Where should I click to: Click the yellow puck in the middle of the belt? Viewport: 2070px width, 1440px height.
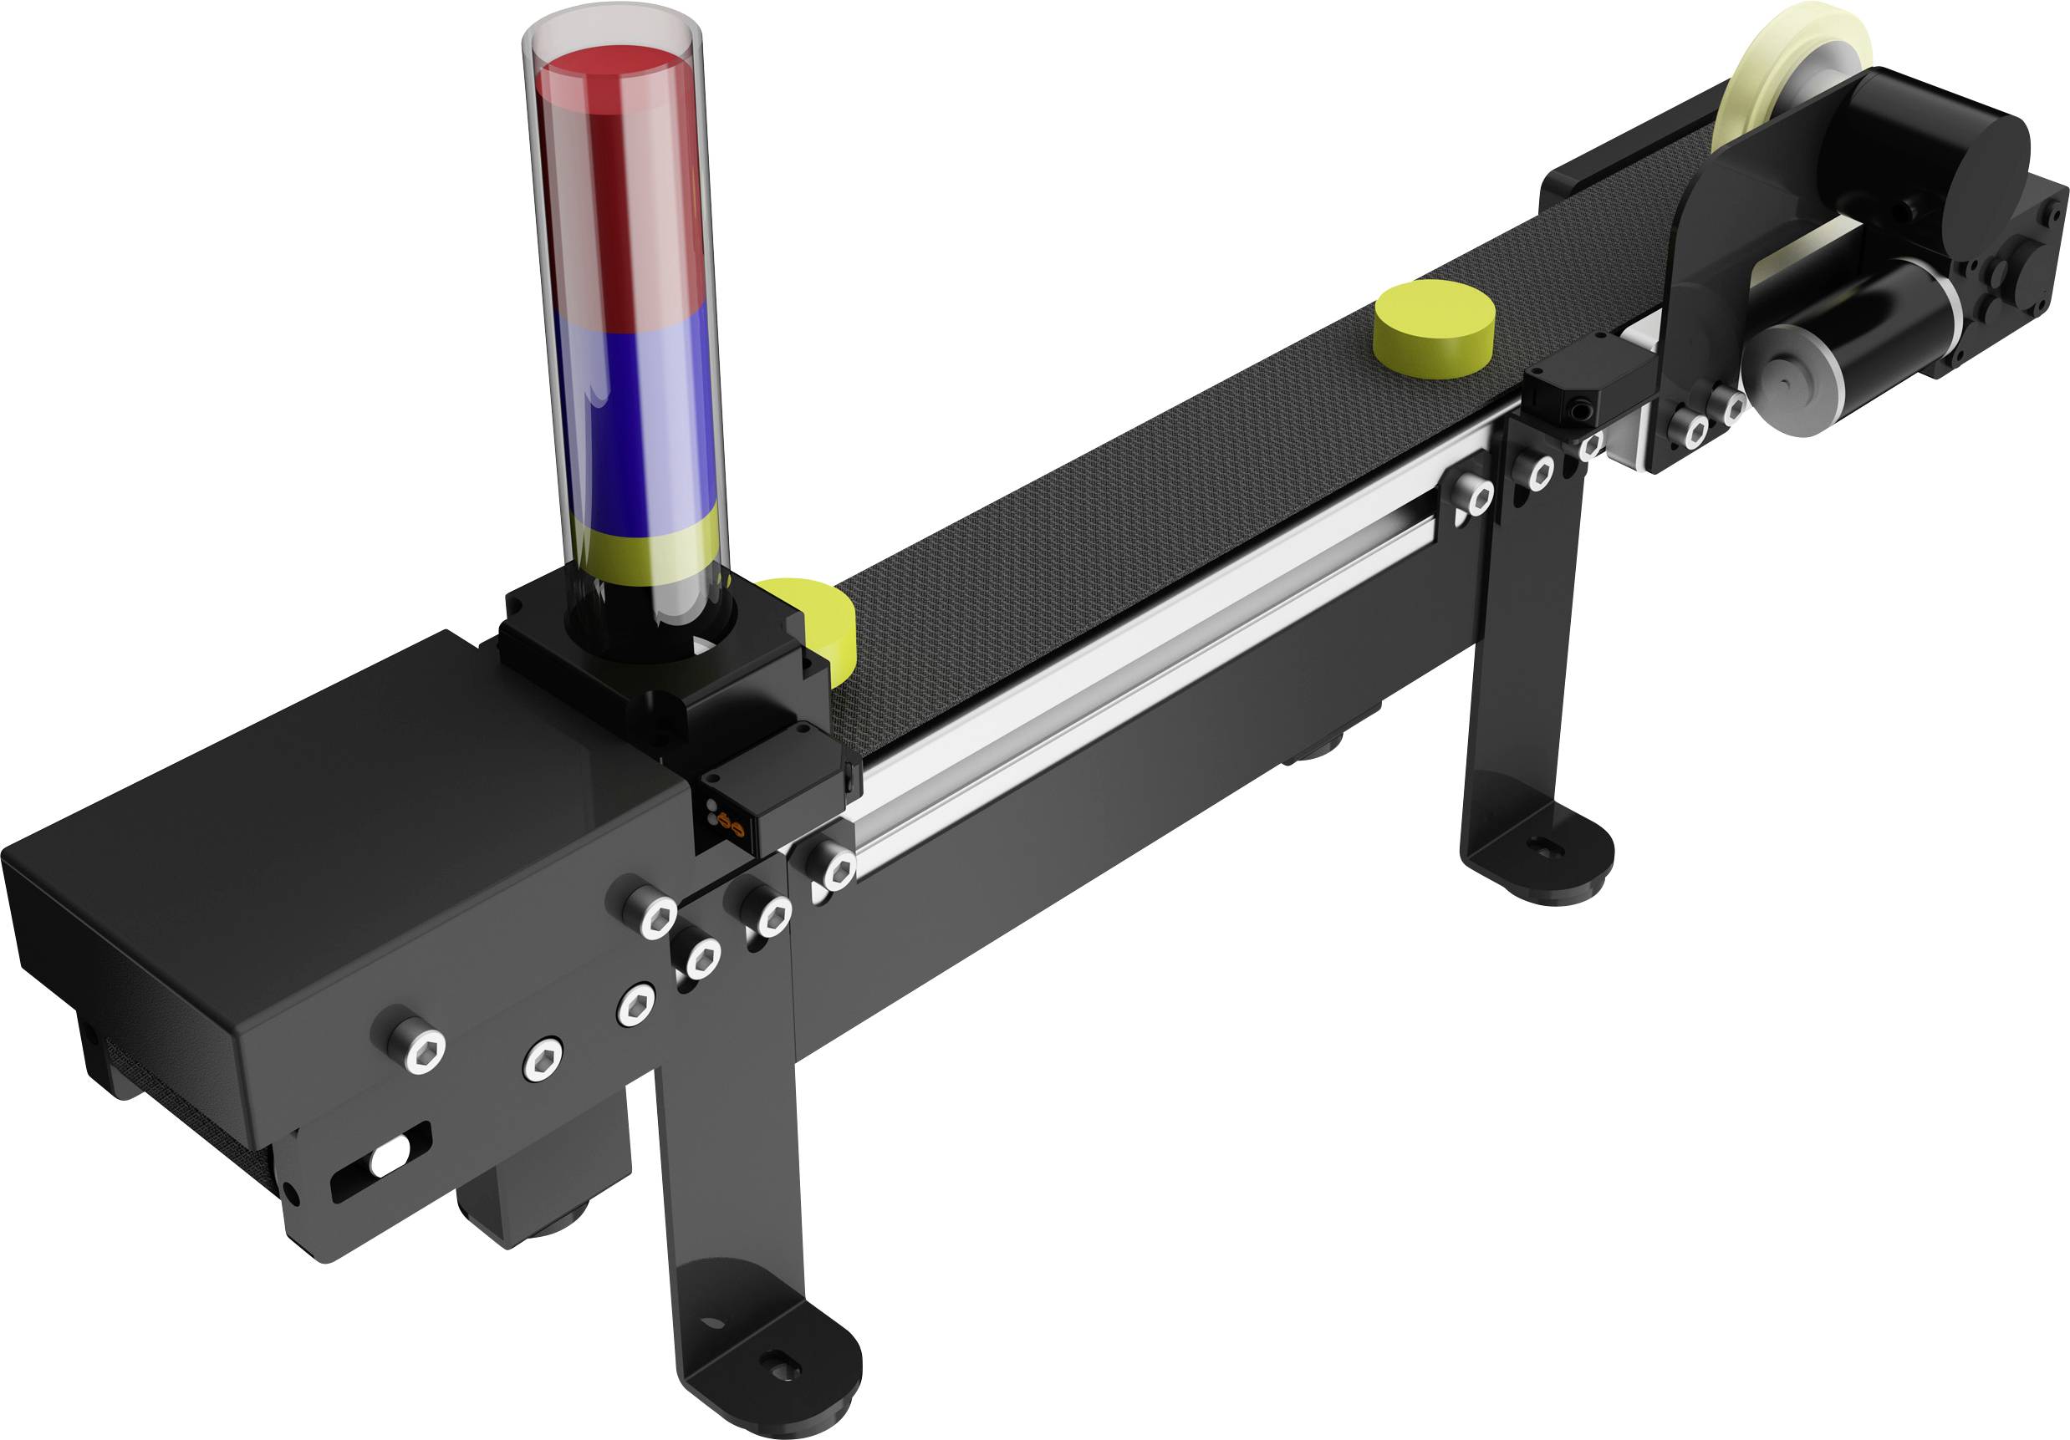point(1434,329)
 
